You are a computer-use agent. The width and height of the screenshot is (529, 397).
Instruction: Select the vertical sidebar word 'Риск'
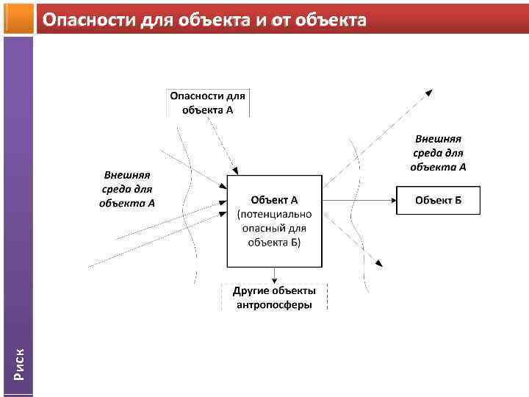tap(20, 365)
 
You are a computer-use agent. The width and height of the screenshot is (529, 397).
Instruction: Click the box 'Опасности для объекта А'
tap(209, 103)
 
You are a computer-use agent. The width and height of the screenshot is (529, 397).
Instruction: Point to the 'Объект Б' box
tap(438, 200)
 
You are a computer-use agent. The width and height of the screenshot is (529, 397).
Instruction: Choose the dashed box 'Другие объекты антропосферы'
tap(274, 298)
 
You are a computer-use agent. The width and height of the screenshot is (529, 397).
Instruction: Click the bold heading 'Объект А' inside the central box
tap(274, 200)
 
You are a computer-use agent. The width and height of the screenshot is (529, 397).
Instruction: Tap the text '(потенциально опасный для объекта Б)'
tap(274, 228)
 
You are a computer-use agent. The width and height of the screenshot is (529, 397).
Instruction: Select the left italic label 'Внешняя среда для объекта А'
tap(127, 190)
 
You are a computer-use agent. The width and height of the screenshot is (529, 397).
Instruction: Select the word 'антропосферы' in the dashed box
tap(274, 304)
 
